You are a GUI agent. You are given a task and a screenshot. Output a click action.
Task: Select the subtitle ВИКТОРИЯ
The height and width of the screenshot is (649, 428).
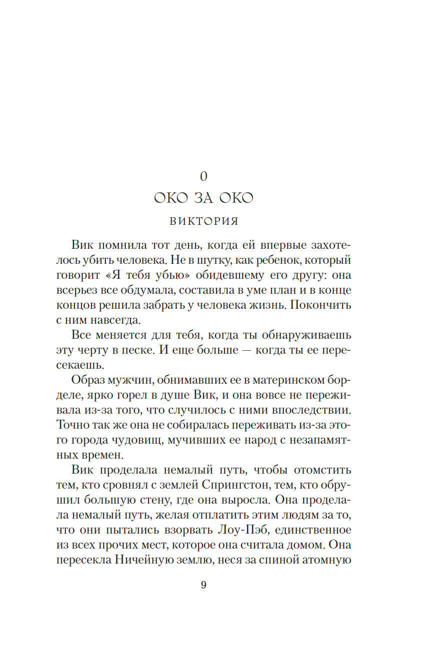coord(203,222)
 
